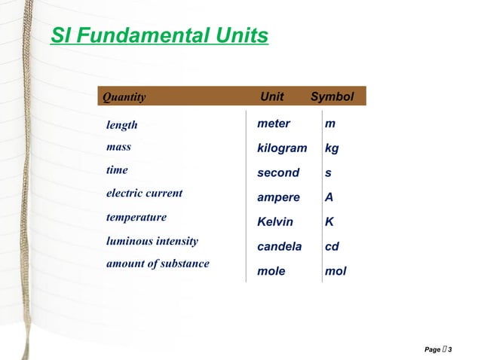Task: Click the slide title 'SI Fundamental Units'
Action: [x=159, y=35]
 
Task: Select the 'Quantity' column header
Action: [x=124, y=97]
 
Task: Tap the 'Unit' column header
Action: [x=271, y=96]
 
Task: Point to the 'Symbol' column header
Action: [x=332, y=96]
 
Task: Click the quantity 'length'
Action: [x=121, y=125]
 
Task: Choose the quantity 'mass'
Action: [x=118, y=148]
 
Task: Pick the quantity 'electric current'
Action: [x=144, y=194]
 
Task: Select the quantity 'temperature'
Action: [x=136, y=217]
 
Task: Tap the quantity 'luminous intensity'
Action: [x=152, y=242]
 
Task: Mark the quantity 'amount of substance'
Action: [x=157, y=264]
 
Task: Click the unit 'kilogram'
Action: [x=282, y=148]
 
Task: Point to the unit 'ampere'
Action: [x=278, y=197]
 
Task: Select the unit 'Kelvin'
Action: [x=275, y=222]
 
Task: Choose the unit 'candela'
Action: [x=279, y=246]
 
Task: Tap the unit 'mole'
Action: [x=271, y=271]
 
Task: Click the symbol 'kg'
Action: [x=332, y=149]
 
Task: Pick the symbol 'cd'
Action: [x=332, y=246]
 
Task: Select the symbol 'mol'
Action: [x=335, y=271]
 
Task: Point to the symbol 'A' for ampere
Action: [x=329, y=197]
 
